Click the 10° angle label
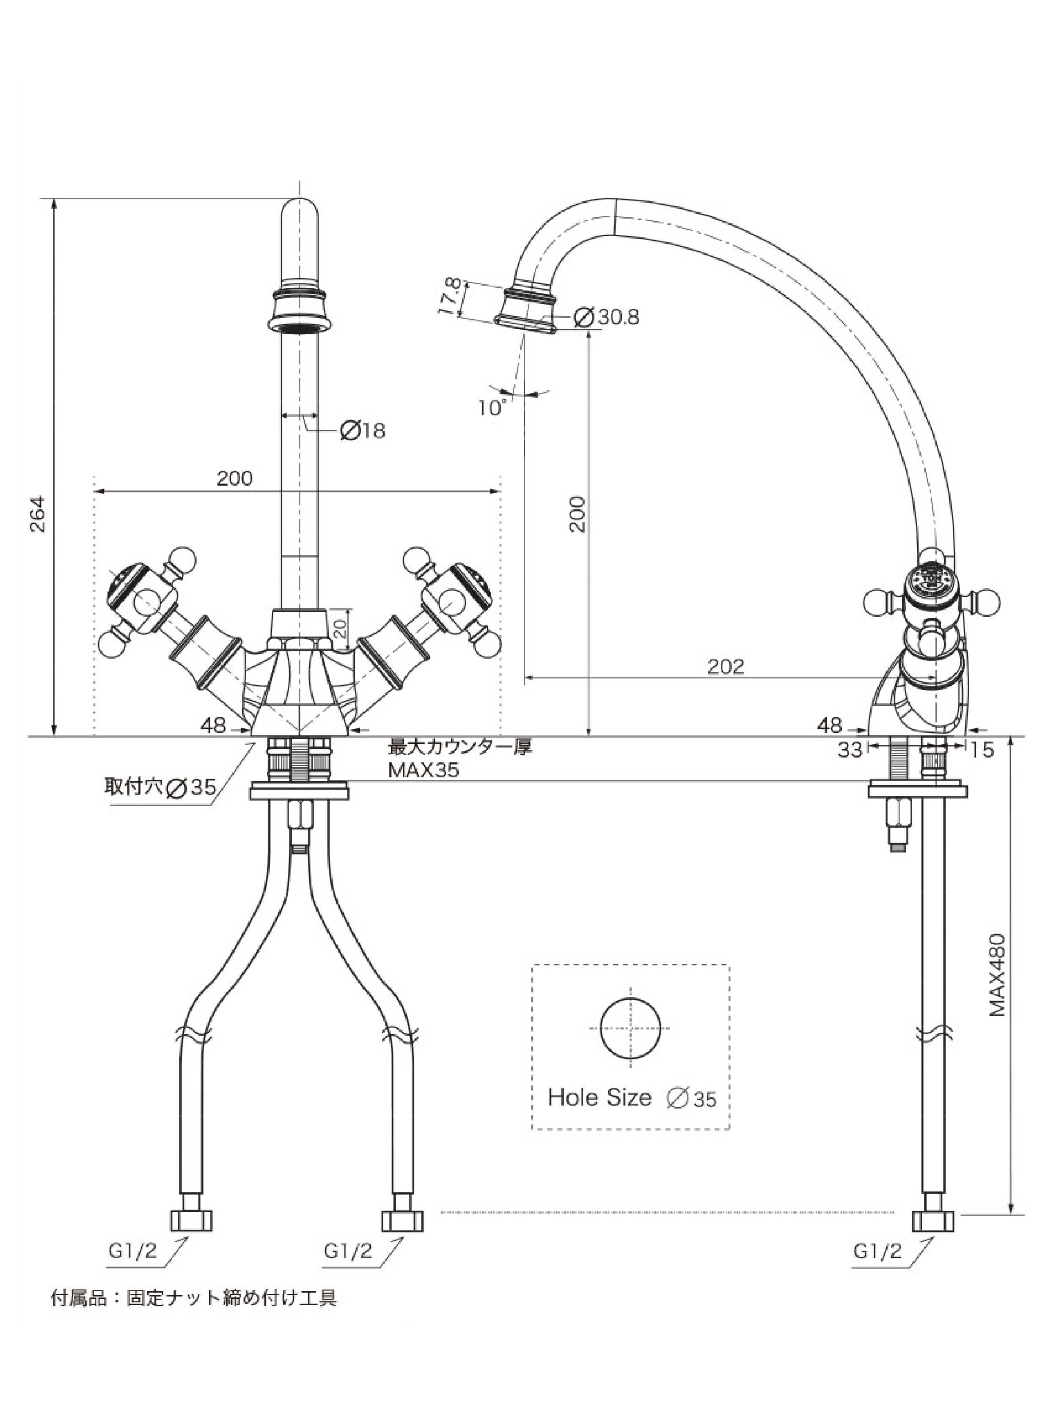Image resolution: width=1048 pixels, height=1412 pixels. point(494,408)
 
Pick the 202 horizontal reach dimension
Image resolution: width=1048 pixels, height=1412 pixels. point(726,666)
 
